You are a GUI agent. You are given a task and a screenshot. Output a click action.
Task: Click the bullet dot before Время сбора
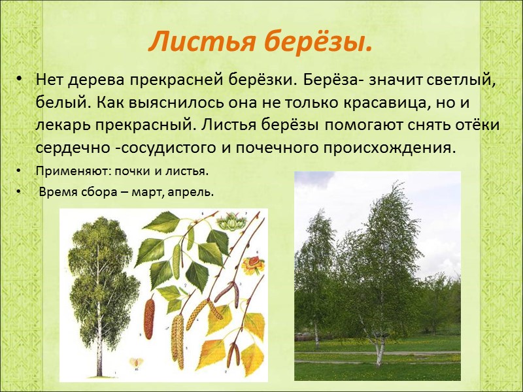[22, 193]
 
